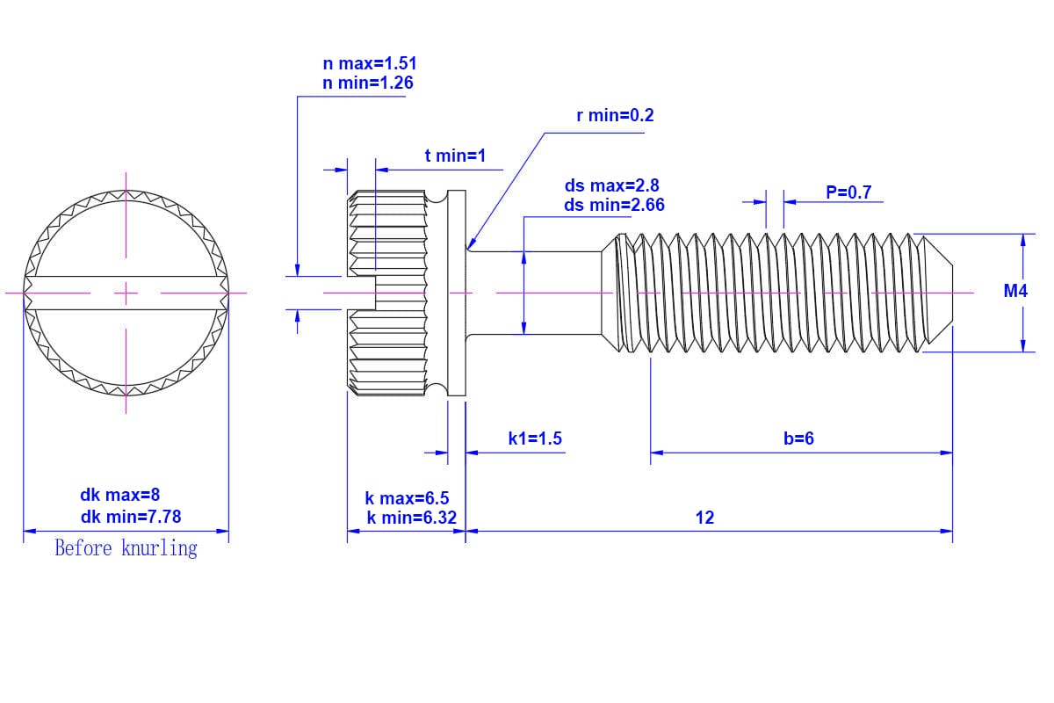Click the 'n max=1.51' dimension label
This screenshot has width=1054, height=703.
[370, 63]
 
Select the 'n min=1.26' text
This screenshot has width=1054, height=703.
[368, 83]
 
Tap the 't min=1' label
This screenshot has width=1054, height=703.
[455, 156]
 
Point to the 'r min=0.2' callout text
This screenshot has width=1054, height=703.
[615, 115]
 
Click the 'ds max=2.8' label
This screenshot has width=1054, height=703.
[611, 185]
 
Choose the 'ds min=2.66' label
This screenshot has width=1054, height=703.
[614, 205]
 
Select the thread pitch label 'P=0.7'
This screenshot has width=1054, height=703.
[848, 192]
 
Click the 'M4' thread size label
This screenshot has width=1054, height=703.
[1015, 291]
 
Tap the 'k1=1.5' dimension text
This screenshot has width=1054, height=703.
[535, 438]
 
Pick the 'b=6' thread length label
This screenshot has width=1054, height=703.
[798, 438]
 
